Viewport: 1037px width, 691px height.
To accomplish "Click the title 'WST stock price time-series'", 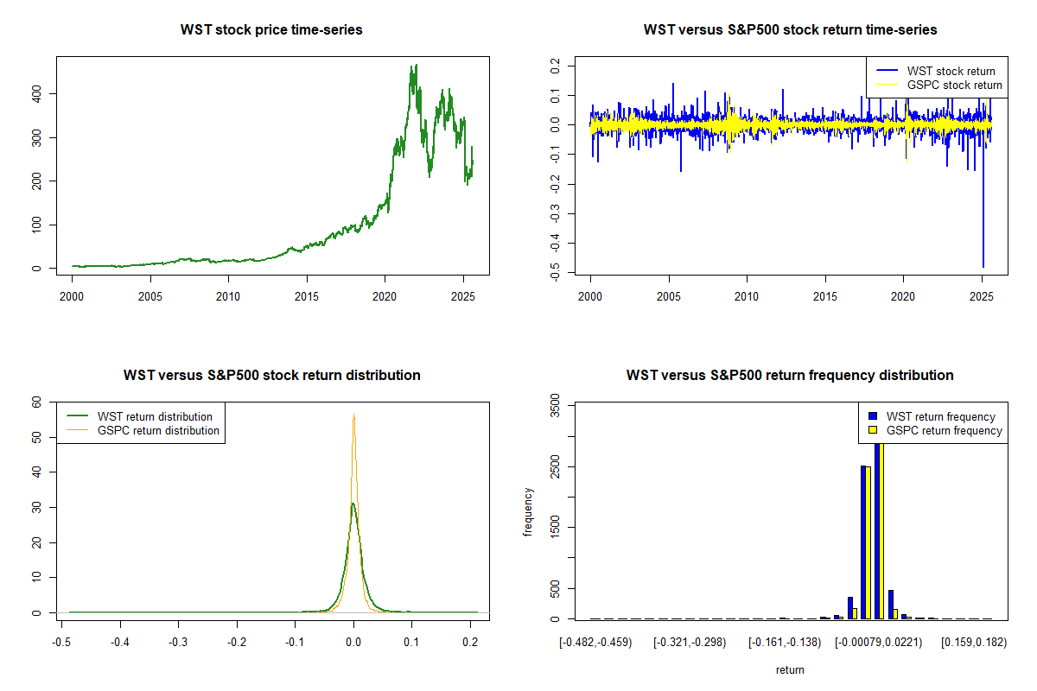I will click(271, 30).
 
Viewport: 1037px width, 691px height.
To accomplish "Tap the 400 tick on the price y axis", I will click(36, 93).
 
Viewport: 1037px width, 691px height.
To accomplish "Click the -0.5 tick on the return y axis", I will click(556, 274).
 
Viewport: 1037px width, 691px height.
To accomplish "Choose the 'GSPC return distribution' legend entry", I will click(158, 430).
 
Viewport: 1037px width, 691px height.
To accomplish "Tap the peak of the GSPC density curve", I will click(353, 415).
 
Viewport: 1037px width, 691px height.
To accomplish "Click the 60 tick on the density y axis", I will click(36, 402).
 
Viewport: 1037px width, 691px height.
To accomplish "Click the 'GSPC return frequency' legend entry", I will click(938, 430).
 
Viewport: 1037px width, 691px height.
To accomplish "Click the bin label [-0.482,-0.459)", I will click(595, 643).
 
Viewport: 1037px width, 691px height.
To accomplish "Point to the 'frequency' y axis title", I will click(529, 512).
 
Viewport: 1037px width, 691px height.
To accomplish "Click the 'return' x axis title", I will click(790, 669).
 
